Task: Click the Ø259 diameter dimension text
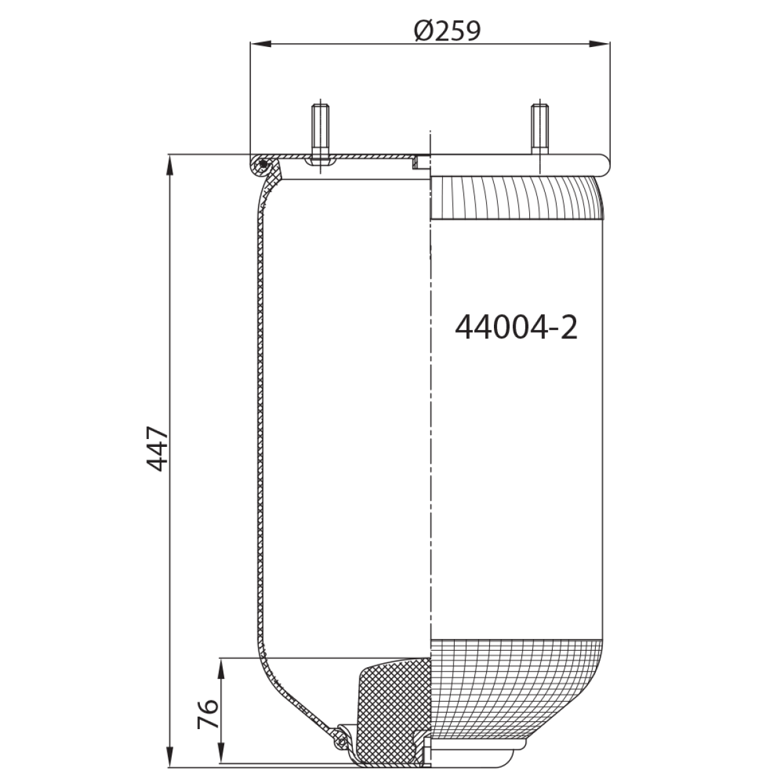pos(447,31)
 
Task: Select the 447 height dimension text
pos(157,449)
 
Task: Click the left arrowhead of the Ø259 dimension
pos(261,44)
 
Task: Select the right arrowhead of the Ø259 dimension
pos(600,44)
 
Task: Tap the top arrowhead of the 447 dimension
pos(169,165)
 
